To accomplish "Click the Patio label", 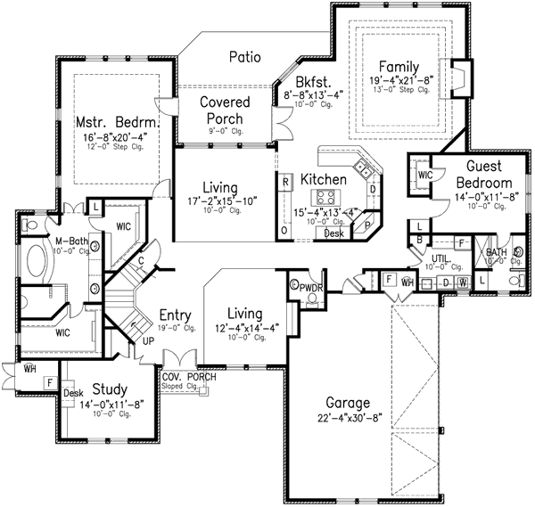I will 243,57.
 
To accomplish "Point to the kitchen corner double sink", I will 363,167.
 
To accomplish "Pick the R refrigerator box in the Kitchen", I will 284,182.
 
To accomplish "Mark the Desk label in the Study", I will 74,392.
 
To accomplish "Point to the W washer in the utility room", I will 462,282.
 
